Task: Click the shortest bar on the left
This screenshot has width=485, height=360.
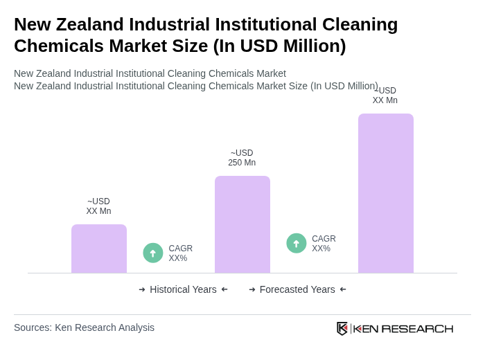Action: tap(98, 249)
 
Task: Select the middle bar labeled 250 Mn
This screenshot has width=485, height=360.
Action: tap(242, 224)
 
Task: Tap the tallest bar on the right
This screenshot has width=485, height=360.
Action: tap(385, 193)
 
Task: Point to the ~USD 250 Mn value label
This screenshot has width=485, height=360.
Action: tap(242, 158)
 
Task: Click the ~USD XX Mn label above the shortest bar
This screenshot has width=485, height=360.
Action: tap(98, 206)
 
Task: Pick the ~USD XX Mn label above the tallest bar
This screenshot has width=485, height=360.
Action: tap(385, 96)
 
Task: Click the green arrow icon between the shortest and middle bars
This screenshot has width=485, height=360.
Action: tap(153, 253)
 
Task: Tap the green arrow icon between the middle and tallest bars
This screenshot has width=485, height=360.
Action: tap(297, 244)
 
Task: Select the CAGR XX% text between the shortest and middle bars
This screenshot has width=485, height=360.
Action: tap(181, 253)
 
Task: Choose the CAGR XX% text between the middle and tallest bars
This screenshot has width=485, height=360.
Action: tap(324, 244)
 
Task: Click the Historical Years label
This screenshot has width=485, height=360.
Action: tap(183, 289)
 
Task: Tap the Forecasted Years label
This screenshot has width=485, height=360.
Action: tap(297, 289)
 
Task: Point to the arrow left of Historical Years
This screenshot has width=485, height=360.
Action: tap(142, 289)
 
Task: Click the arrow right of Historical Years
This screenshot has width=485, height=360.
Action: tap(224, 289)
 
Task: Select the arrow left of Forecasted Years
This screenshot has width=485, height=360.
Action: tap(252, 289)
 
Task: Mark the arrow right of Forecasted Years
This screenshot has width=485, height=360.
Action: tap(343, 289)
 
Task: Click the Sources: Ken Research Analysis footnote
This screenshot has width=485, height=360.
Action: tap(84, 327)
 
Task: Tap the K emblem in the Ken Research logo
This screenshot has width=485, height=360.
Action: tap(342, 328)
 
